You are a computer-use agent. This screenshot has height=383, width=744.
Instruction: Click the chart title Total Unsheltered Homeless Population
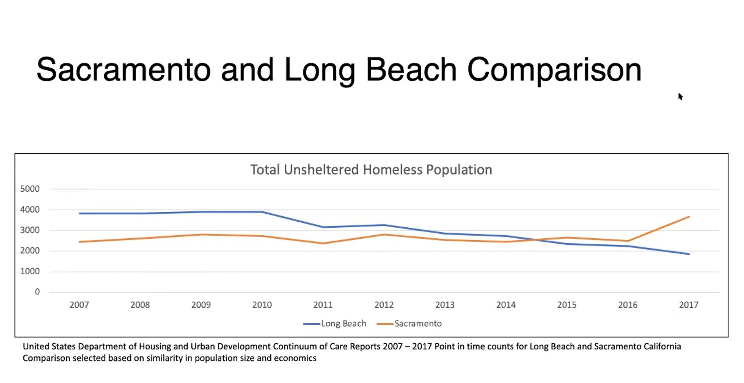371,170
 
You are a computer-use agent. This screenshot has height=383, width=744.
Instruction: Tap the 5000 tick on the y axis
30,189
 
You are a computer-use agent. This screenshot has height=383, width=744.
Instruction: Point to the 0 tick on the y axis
37,292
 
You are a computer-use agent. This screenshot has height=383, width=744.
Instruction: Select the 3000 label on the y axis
30,230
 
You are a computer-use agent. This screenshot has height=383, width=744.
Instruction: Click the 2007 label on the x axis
79,305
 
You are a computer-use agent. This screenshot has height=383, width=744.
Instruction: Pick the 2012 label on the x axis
384,305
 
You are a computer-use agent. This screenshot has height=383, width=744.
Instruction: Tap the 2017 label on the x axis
688,305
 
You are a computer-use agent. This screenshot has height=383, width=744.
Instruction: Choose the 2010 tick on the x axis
262,305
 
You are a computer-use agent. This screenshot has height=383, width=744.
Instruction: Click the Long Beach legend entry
335,324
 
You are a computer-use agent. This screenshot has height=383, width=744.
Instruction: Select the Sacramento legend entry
409,324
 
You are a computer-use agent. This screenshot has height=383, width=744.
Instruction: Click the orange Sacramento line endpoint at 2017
689,217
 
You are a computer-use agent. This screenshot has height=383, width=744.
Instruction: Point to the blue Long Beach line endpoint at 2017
689,254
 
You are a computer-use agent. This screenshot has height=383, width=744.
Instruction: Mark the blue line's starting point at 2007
80,213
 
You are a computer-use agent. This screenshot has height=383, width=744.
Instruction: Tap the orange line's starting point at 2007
80,242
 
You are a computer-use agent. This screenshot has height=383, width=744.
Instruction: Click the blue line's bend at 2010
262,212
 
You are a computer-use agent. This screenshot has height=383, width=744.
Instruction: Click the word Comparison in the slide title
554,70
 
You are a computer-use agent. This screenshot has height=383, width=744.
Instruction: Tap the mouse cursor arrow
680,96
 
